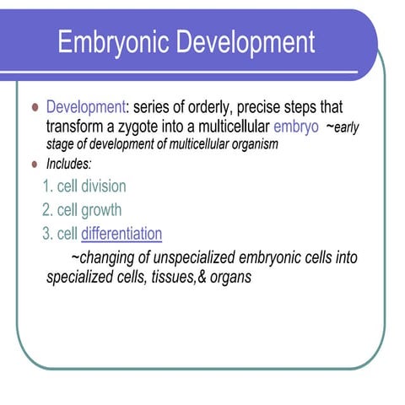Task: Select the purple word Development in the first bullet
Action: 84,109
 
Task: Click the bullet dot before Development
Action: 34,110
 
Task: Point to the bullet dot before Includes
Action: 34,164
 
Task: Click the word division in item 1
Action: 103,186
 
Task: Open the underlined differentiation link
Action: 121,234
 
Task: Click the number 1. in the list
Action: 47,186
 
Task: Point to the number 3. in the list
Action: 47,234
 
